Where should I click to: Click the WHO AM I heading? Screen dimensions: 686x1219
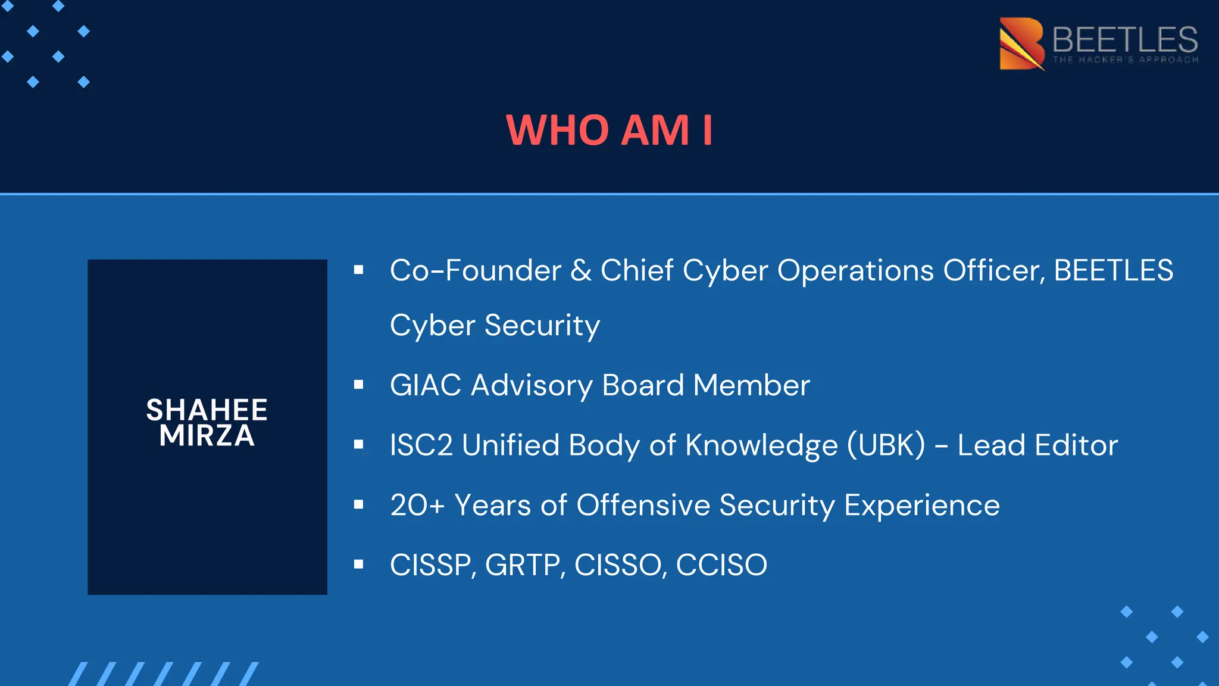pyautogui.click(x=609, y=130)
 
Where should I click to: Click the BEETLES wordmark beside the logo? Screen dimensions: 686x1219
pyautogui.click(x=1125, y=39)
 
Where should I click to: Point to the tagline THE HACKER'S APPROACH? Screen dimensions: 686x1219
pyautogui.click(x=1126, y=60)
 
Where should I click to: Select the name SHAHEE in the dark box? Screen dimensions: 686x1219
pyautogui.click(x=207, y=410)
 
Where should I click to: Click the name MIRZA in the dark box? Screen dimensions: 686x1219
pyautogui.click(x=207, y=436)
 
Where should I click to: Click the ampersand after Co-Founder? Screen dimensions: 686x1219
pyautogui.click(x=580, y=270)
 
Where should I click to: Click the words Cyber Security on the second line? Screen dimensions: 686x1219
pyautogui.click(x=495, y=326)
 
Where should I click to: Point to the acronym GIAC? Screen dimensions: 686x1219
pyautogui.click(x=426, y=385)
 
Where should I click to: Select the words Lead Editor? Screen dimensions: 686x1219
pyautogui.click(x=1037, y=445)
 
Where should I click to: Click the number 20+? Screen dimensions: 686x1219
pyautogui.click(x=417, y=506)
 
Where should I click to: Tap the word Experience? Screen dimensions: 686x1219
pyautogui.click(x=922, y=506)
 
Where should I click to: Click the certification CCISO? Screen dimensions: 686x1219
pyautogui.click(x=721, y=565)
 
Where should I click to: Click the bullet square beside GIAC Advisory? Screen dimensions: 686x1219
pyautogui.click(x=358, y=385)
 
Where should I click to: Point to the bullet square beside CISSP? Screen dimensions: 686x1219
pyautogui.click(x=358, y=564)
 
